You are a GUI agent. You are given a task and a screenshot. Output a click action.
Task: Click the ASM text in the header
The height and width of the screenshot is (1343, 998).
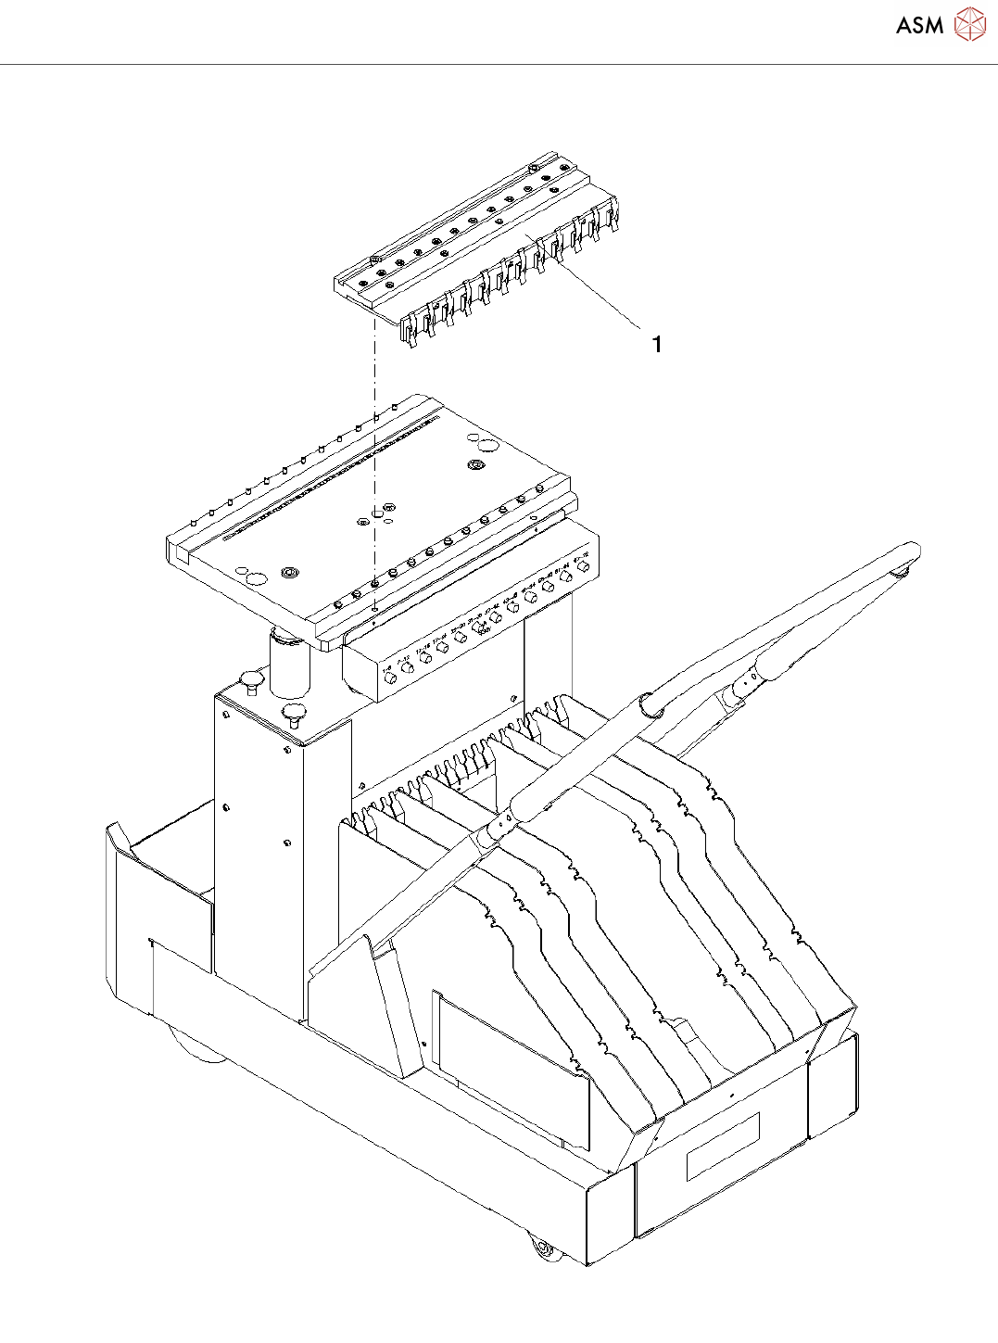(919, 26)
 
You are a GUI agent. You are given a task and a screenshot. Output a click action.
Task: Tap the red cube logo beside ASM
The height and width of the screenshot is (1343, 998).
(969, 24)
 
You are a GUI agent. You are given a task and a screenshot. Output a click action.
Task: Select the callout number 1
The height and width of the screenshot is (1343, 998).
(657, 345)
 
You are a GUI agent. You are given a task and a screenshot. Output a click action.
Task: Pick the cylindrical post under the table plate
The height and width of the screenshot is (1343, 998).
(288, 662)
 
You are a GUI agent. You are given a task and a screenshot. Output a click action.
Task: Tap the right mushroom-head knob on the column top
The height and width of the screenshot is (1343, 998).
(295, 713)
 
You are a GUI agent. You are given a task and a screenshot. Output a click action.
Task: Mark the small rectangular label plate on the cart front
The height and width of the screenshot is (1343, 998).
(723, 1147)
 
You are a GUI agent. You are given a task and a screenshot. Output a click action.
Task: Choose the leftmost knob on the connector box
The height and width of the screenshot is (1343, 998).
(390, 678)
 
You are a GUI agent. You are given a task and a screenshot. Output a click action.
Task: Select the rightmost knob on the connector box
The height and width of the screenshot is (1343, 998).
(583, 566)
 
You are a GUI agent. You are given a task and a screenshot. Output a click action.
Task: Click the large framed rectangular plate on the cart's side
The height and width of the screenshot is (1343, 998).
(511, 1066)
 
